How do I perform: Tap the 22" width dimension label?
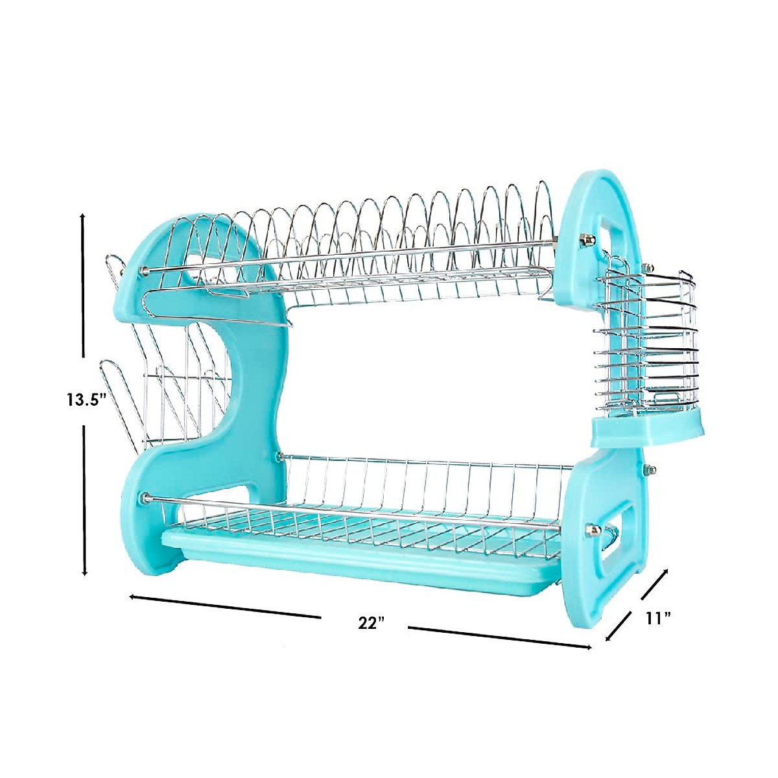pos(371,623)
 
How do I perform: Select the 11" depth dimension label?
pos(657,618)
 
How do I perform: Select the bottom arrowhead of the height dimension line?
pos(84,572)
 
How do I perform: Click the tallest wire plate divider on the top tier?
pos(543,207)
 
